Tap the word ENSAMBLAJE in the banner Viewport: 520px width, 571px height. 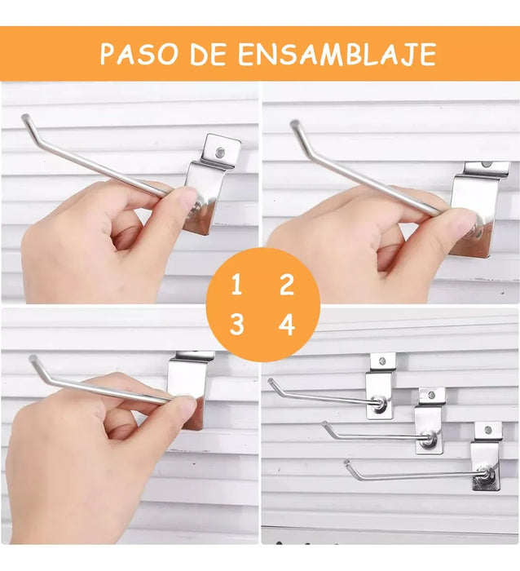point(337,54)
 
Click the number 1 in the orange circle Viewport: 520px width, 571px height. point(236,285)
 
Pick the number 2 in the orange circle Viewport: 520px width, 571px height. point(287,285)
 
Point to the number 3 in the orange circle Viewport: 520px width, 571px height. point(236,325)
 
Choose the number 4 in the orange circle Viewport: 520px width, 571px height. point(287,325)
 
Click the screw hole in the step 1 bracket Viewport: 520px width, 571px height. point(220,153)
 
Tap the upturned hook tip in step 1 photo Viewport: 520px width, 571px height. point(25,118)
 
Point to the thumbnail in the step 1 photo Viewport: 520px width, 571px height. point(187,196)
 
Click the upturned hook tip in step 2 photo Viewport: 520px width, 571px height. point(295,124)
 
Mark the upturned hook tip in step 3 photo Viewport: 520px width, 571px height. point(33,358)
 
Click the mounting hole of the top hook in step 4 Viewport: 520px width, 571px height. point(382,361)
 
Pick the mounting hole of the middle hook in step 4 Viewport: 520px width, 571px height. point(432,395)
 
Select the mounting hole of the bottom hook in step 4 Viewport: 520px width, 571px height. point(488,431)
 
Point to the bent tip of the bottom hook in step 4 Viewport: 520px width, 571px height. point(346,463)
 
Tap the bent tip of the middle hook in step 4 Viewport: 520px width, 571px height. point(324,423)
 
